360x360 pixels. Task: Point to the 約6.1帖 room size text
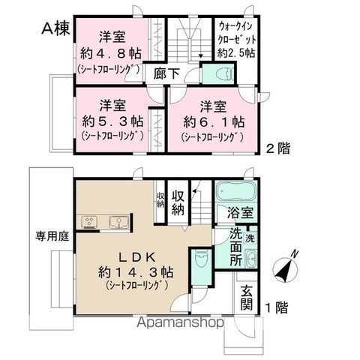[x=211, y=120]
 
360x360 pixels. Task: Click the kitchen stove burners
[x=89, y=221]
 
